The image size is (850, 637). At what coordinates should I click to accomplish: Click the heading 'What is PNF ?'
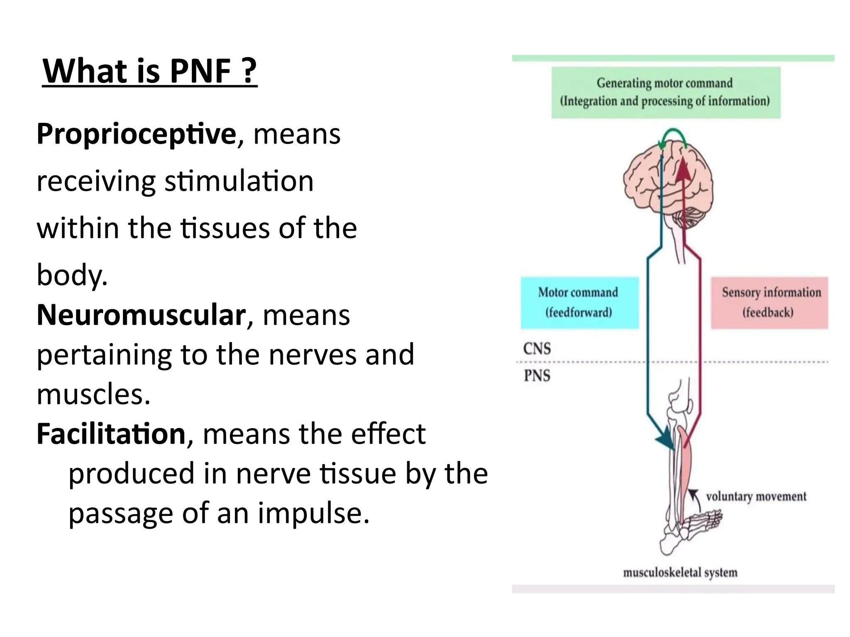[x=149, y=71]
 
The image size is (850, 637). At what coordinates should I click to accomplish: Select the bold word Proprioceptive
[x=136, y=134]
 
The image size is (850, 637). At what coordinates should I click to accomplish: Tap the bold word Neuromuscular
[x=141, y=315]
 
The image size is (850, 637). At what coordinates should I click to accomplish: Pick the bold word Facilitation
[x=111, y=434]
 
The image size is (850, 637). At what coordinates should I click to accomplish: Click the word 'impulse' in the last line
[x=312, y=513]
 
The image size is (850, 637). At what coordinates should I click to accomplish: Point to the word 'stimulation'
[x=239, y=182]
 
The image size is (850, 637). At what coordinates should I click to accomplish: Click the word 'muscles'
[x=92, y=394]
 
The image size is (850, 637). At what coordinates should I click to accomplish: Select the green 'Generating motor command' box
[x=665, y=92]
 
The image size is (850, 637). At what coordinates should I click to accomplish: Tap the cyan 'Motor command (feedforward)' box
[x=579, y=302]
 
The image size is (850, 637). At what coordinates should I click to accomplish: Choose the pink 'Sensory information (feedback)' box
[x=769, y=302]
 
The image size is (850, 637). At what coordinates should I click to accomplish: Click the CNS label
[x=537, y=349]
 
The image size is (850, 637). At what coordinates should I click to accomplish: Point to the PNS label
[x=537, y=376]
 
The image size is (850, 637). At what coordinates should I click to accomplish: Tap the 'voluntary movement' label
[x=756, y=496]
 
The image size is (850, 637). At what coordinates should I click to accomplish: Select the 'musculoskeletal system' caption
[x=680, y=573]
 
